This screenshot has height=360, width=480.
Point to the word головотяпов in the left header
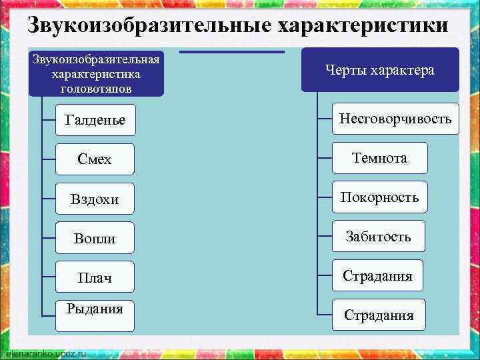[x=95, y=89]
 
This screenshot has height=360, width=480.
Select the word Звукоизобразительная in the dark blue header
[x=96, y=59]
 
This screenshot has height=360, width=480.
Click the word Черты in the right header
[x=347, y=70]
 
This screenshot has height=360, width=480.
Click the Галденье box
[x=95, y=121]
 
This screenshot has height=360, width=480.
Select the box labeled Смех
[x=95, y=160]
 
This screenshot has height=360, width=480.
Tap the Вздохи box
[x=95, y=199]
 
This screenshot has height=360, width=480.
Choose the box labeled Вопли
[x=95, y=238]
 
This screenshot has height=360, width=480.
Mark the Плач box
[x=95, y=277]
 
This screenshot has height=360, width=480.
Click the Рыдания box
[x=95, y=316]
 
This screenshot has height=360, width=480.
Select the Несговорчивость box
[x=395, y=119]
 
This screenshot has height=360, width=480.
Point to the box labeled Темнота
[x=379, y=158]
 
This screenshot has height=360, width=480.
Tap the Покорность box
[x=379, y=197]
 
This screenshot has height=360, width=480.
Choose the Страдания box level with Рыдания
[x=379, y=315]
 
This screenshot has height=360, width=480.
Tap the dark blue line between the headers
[x=232, y=51]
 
